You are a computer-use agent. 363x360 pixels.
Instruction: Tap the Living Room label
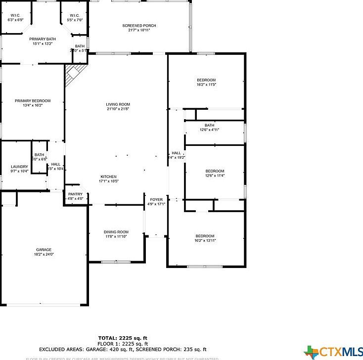(118, 106)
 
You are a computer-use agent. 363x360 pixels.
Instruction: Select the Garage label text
(44, 252)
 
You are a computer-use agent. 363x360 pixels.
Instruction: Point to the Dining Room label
(116, 234)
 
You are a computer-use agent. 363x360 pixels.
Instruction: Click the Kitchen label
(109, 179)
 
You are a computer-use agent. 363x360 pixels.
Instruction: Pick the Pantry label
(75, 196)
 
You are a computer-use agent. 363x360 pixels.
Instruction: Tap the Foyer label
(156, 202)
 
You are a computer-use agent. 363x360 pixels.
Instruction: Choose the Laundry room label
(20, 169)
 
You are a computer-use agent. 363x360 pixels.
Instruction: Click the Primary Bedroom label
(33, 103)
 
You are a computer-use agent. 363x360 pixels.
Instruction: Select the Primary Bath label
(43, 41)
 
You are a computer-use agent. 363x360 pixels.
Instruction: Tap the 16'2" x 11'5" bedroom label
(206, 82)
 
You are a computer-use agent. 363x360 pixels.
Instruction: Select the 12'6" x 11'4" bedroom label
(215, 173)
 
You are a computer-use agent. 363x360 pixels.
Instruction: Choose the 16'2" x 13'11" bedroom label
(205, 238)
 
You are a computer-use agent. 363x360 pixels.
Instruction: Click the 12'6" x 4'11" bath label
(210, 128)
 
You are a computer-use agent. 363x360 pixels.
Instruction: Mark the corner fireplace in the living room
(73, 75)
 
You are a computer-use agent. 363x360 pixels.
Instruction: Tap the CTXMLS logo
(334, 352)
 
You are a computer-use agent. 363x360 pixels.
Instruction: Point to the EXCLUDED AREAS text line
(123, 349)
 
